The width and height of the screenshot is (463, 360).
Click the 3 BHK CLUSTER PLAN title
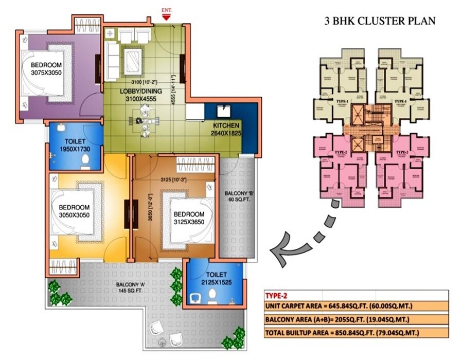(x=380, y=21)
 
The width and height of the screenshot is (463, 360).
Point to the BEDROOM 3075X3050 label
(x=46, y=68)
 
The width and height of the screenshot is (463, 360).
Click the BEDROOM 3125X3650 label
(x=189, y=218)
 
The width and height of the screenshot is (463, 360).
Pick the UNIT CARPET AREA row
(x=340, y=308)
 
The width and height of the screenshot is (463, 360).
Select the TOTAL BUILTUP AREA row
(x=342, y=333)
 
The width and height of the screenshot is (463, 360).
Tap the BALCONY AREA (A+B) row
(x=339, y=320)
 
